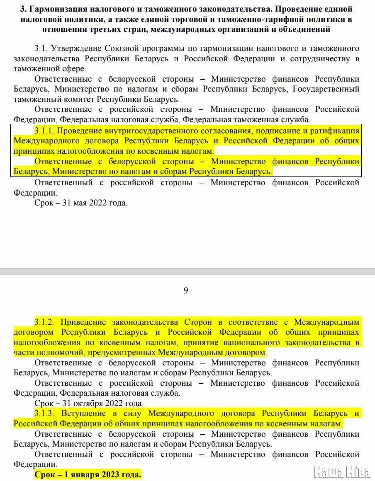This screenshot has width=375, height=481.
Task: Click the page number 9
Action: pyautogui.click(x=186, y=290)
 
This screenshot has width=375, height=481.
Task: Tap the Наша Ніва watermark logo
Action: pyautogui.click(x=343, y=471)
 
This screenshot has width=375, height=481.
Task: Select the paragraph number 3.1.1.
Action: pyautogui.click(x=44, y=131)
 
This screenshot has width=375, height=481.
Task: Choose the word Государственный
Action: pyautogui.click(x=326, y=89)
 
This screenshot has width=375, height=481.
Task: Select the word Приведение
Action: pyautogui.click(x=85, y=322)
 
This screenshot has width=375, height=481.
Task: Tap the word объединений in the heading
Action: pyautogui.click(x=307, y=29)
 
